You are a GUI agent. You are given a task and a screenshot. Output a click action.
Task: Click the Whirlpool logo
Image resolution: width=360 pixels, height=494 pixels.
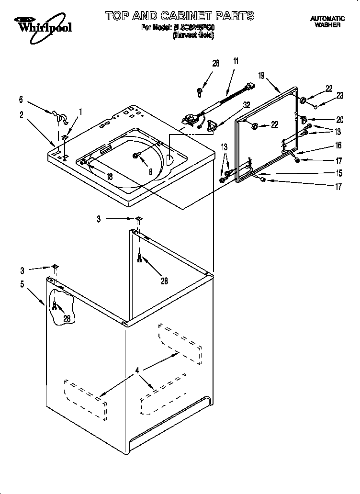[42, 24]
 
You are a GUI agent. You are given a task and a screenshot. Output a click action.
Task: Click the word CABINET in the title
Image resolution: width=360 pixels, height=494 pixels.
[186, 16]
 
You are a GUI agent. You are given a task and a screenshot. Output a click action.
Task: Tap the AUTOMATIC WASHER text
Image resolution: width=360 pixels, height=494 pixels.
[327, 22]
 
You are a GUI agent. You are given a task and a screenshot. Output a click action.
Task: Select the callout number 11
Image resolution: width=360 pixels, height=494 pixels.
[236, 61]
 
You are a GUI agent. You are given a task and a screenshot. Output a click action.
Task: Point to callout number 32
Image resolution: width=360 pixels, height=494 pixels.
[247, 104]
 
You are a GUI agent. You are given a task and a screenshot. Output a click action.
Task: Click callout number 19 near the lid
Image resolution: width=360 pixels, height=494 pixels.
[262, 76]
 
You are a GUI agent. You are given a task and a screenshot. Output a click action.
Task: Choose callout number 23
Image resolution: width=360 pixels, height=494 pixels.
[340, 95]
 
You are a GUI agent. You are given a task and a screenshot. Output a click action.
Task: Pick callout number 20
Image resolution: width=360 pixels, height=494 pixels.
[340, 119]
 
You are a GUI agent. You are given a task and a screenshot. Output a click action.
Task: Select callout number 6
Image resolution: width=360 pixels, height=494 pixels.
[21, 100]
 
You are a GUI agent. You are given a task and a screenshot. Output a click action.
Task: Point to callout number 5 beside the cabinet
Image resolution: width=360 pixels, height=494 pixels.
[22, 283]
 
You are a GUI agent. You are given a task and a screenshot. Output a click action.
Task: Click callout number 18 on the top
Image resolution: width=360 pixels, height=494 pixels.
[110, 177]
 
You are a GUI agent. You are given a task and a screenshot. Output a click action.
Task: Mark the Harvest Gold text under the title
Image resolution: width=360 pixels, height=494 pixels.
[193, 34]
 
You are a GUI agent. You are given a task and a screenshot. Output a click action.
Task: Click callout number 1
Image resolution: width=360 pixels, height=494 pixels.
[80, 112]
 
